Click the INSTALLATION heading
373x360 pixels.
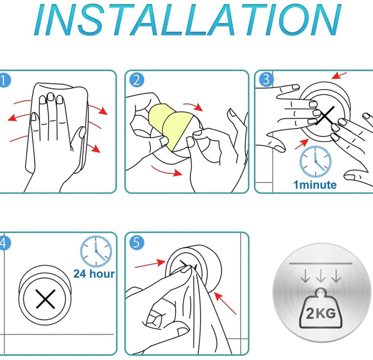[x=188, y=19]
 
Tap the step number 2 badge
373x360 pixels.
[x=137, y=80]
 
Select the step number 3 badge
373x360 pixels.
[x=266, y=79]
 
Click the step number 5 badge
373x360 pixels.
[x=137, y=242]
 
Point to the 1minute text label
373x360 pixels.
[x=315, y=185]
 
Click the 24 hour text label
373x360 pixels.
[x=94, y=274]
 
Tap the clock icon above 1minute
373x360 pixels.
[x=315, y=162]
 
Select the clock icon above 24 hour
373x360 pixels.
[x=96, y=251]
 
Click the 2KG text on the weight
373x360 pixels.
[x=321, y=313]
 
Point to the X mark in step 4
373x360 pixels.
[x=46, y=299]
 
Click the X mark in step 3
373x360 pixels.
[x=326, y=115]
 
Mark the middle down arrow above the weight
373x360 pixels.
[x=321, y=275]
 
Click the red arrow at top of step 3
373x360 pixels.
[x=339, y=76]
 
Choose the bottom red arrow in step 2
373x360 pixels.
[x=166, y=171]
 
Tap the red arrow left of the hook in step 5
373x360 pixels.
[x=150, y=264]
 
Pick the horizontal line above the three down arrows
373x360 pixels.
[x=321, y=263]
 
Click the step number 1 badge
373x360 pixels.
[x=4, y=80]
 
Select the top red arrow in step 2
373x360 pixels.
[x=193, y=107]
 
